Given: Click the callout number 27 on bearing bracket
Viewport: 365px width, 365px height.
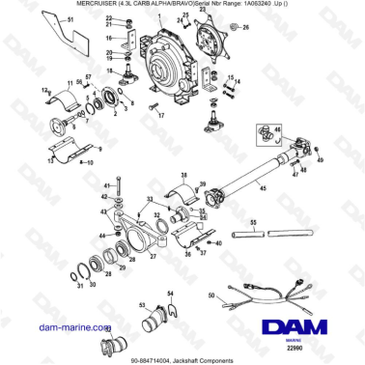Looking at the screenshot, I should coord(152,253).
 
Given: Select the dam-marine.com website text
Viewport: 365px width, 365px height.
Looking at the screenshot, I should coord(70,327).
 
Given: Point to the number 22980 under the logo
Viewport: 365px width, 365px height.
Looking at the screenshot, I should coord(309,335).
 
